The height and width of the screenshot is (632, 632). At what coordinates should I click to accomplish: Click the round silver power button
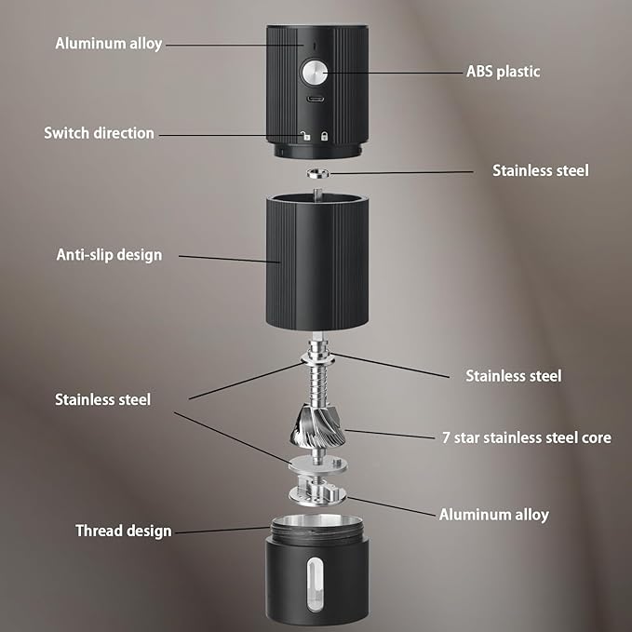coord(315,73)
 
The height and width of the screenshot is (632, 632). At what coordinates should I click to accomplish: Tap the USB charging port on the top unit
coord(316,99)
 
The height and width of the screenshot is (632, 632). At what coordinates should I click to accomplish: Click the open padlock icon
coord(305,136)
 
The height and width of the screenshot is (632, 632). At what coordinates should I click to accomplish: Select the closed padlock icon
coord(324,136)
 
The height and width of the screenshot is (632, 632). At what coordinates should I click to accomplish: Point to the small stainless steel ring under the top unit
coord(318,173)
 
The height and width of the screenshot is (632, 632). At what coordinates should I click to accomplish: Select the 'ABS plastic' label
coord(503,72)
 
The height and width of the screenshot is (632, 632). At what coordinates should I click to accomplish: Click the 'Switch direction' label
coord(99,133)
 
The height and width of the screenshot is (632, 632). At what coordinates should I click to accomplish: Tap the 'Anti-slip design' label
coord(109,255)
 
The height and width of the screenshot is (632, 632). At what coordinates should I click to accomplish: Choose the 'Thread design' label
coord(124,531)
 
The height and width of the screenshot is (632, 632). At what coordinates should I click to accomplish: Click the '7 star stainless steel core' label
coord(527,437)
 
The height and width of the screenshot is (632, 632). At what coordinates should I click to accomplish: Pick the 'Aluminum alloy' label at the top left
coord(108,44)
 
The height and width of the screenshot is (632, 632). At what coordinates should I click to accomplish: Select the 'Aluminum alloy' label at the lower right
coord(493,515)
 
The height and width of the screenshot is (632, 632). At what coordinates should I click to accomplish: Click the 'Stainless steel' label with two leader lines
coord(102,399)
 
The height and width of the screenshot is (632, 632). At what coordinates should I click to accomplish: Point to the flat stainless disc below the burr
coord(317,464)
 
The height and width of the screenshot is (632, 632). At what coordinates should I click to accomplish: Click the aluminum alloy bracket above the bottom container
coord(317,491)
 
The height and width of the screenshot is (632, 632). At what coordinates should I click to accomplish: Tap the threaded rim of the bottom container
coord(317,529)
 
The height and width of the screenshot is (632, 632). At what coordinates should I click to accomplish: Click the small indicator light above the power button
coord(315,47)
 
